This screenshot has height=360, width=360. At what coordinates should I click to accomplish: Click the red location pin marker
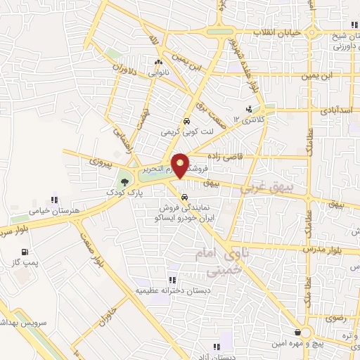[180, 165]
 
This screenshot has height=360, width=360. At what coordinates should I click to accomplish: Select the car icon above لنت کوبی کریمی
[186, 121]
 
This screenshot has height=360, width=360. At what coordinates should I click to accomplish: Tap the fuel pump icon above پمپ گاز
[25, 252]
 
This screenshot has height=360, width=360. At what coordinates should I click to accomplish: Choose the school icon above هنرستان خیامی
[50, 199]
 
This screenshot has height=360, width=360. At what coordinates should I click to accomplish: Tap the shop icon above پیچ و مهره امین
[299, 332]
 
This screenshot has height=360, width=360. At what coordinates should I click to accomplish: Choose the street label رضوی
[335, 319]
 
